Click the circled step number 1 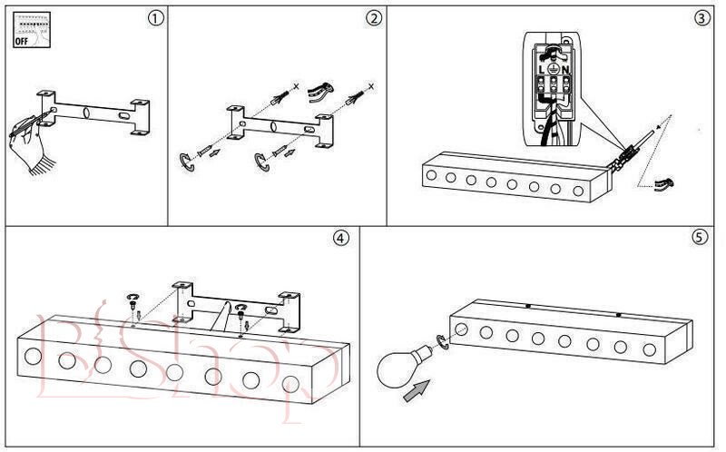157,18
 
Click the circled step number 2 373,18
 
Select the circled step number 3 701,18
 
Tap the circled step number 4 340,238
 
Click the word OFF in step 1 20,40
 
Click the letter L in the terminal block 543,70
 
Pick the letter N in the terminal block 565,70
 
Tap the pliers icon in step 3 663,185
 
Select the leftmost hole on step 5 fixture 462,328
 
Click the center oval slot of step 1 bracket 85,114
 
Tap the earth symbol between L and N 554,70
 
